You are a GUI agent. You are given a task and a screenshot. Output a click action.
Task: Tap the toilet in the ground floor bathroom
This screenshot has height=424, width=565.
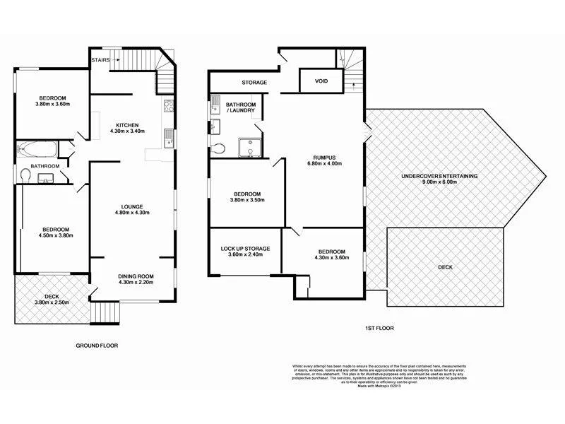tap(25, 174)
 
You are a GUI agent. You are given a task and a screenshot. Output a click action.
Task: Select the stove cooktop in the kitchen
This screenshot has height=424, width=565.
tap(169, 107)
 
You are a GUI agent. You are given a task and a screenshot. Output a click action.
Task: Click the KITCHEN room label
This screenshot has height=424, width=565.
tap(127, 125)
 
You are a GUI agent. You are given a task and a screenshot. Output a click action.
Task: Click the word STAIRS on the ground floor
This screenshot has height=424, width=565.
tap(100, 61)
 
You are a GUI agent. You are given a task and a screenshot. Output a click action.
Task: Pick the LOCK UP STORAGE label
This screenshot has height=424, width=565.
tap(246, 249)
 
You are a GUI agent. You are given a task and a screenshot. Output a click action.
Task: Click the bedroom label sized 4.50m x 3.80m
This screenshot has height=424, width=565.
tap(54, 230)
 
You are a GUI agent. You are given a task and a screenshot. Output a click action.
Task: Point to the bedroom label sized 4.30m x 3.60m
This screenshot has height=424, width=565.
tap(331, 252)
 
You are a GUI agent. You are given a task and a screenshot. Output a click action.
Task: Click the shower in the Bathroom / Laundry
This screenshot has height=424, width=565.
tap(251, 148)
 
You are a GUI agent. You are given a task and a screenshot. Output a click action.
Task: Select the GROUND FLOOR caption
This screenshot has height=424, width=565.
tap(97, 346)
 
